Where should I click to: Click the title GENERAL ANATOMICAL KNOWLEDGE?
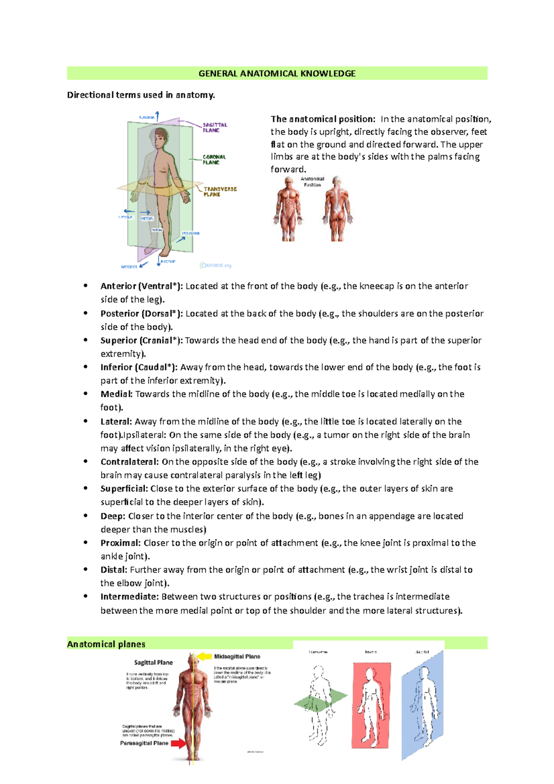click(277, 73)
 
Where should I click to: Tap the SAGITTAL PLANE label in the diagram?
click(215, 127)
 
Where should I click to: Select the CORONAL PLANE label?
click(214, 159)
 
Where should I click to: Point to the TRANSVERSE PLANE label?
click(220, 192)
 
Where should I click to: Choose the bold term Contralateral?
click(130, 462)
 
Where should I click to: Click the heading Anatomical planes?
click(106, 644)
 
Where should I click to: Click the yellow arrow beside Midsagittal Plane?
click(205, 656)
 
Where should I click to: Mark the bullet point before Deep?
click(86, 515)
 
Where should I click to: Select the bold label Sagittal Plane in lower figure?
click(153, 663)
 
